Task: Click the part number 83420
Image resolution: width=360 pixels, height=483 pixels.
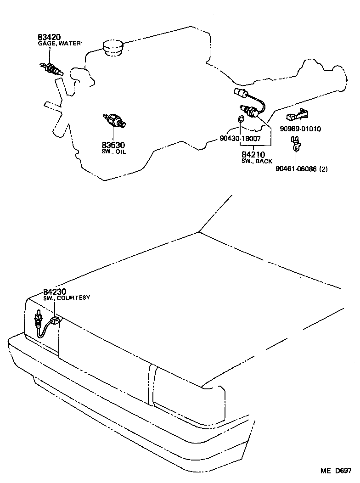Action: [49, 37]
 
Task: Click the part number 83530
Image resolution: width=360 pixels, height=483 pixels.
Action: [113, 145]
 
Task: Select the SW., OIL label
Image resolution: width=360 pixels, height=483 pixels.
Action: [114, 152]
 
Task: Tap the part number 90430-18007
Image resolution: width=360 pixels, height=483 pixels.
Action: [240, 138]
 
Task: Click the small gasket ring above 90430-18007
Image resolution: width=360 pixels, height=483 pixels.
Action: [241, 119]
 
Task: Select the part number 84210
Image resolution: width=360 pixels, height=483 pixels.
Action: [253, 155]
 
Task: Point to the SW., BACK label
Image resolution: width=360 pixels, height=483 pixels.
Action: [257, 161]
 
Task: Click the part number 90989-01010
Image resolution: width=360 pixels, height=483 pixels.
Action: [300, 129]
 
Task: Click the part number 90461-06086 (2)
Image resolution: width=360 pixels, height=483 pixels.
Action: [302, 169]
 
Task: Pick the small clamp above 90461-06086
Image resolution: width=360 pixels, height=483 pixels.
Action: [296, 144]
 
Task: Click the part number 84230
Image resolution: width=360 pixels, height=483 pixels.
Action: [55, 292]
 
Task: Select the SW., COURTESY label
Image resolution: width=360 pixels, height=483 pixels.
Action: [67, 298]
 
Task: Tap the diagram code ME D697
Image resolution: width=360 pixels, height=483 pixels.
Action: [336, 471]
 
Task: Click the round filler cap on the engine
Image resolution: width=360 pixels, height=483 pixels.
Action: [112, 48]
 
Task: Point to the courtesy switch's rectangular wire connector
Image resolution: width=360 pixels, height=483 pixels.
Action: [55, 320]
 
